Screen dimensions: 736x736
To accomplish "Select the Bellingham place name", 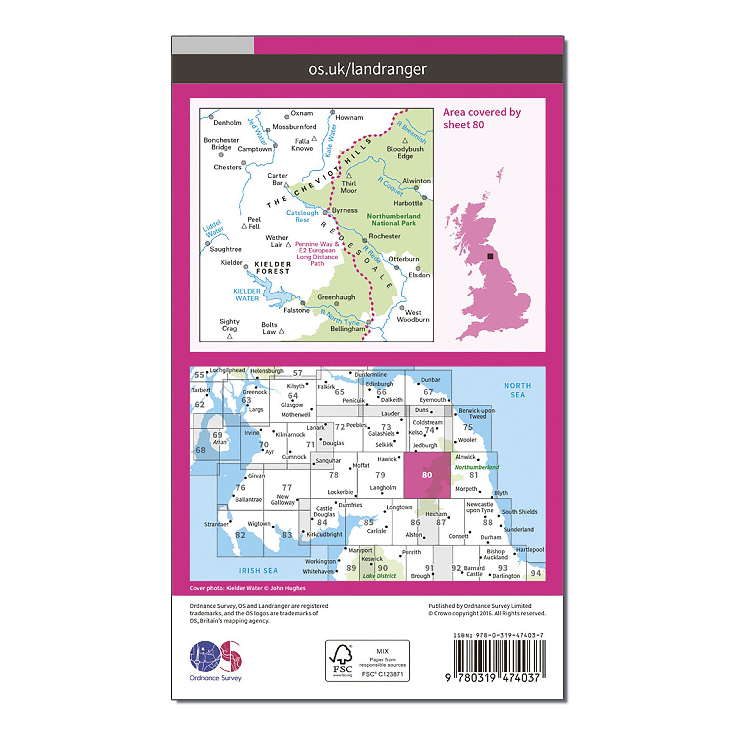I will (347, 329).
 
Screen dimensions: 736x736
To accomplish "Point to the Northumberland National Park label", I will (394, 220).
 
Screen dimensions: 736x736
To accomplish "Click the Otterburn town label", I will (404, 259).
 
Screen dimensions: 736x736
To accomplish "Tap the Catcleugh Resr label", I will (302, 216).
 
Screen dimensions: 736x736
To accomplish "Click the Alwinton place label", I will (416, 181).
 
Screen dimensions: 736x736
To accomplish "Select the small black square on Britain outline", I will (490, 256).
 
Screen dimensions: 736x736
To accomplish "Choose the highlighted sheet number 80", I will (427, 475).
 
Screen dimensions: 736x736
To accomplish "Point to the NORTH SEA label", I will (517, 390).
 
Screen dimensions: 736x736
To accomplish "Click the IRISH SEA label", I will (258, 570).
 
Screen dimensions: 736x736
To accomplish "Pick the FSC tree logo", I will (341, 660).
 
